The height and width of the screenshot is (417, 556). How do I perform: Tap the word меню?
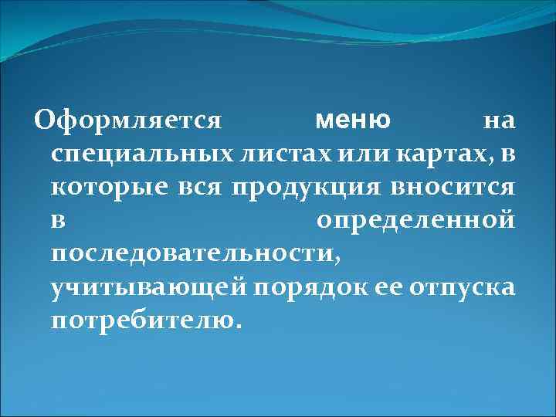point(353,120)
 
